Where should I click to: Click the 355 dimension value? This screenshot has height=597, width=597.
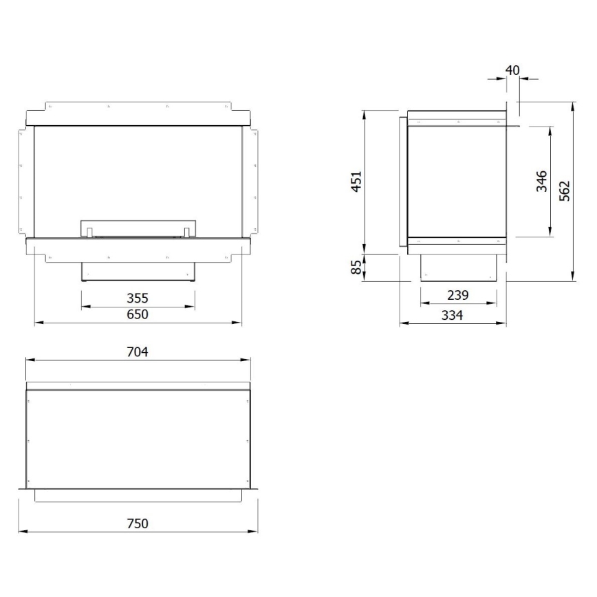[x=138, y=298]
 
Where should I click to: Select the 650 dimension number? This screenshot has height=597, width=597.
[x=138, y=314]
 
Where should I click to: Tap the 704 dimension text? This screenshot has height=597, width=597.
[x=138, y=351]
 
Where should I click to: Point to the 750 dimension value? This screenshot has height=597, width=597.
[x=138, y=523]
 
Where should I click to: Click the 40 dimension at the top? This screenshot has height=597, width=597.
[x=512, y=70]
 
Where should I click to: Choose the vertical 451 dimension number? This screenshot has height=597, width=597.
[x=356, y=182]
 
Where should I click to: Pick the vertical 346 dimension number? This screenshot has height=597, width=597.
[x=541, y=182]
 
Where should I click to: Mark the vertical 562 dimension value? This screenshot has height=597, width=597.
[x=565, y=191]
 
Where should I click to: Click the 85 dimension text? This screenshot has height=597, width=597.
[x=356, y=267]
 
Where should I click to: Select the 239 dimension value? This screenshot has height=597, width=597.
[x=457, y=295]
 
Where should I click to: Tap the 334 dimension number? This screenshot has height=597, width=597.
[x=453, y=314]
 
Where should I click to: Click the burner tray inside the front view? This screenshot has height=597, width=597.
[x=138, y=228]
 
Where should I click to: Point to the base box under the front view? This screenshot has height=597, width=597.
[x=138, y=272]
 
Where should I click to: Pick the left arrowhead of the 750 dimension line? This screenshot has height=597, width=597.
[x=21, y=531]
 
